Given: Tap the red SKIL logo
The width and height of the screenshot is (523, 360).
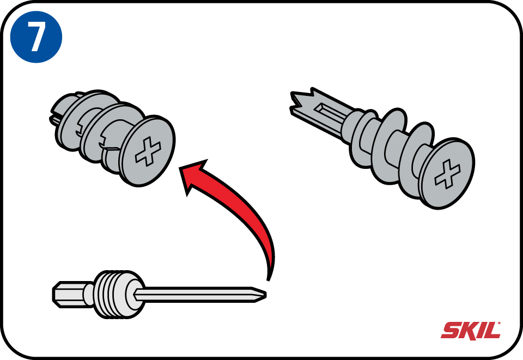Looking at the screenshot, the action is point(471,331).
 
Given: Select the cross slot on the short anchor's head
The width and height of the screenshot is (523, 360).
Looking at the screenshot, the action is point(148,151).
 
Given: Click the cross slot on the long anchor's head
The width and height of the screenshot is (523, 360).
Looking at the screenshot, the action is point(447,173).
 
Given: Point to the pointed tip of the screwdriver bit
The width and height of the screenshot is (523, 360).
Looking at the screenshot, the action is point(266,294).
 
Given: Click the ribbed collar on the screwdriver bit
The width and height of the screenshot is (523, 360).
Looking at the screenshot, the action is point(111,294).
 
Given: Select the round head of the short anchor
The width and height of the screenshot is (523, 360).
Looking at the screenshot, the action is point(147,151).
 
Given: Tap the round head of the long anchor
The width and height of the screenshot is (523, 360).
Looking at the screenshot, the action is point(447,174).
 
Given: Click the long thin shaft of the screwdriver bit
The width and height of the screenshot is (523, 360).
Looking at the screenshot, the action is point(197,294).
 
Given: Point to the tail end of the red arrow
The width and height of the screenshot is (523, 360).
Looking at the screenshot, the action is point(268,279).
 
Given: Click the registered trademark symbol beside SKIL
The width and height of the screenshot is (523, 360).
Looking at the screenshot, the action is point(499,323).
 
